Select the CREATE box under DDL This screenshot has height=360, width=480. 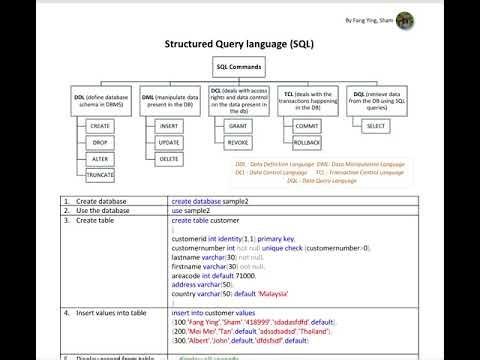(x=99, y=127)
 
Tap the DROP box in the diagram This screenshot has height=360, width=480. (x=99, y=143)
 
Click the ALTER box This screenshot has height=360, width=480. (x=99, y=159)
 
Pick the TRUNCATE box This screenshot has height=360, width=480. (x=99, y=175)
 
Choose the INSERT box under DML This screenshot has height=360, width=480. (x=168, y=127)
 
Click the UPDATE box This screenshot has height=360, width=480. (x=168, y=143)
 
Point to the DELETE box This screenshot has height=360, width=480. (x=168, y=158)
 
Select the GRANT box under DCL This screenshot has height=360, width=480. (x=237, y=127)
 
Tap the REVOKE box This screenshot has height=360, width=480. (x=237, y=143)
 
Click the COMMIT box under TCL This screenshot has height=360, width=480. (x=307, y=127)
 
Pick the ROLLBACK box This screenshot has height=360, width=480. (x=307, y=143)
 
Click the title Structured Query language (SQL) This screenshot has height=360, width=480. (x=239, y=46)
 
